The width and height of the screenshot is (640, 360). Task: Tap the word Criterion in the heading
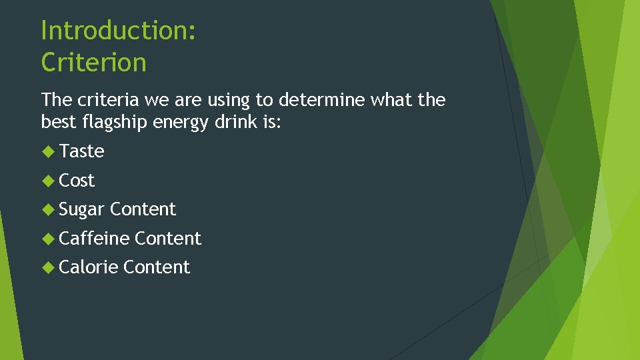pyautogui.click(x=93, y=63)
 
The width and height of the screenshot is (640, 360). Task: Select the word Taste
pyautogui.click(x=81, y=151)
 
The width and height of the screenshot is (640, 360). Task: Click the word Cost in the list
pyautogui.click(x=77, y=180)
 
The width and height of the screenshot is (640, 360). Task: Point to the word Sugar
pyautogui.click(x=82, y=209)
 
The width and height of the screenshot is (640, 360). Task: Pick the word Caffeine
pyautogui.click(x=94, y=238)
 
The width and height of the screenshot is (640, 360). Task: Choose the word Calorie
pyautogui.click(x=89, y=267)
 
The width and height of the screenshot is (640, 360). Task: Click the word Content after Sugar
pyautogui.click(x=143, y=209)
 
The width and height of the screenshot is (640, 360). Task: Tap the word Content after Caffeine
pyautogui.click(x=167, y=238)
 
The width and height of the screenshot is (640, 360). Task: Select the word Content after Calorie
pyautogui.click(x=157, y=267)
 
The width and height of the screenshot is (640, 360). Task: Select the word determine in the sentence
pyautogui.click(x=320, y=100)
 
